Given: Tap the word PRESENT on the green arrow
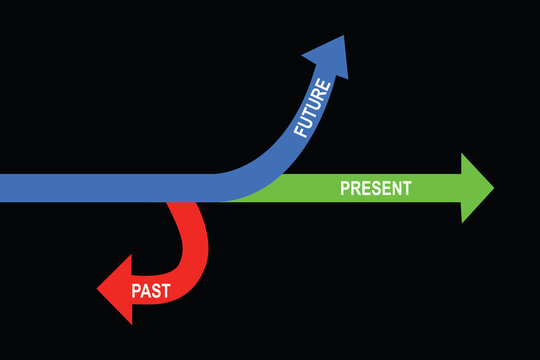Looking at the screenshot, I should [x=375, y=188].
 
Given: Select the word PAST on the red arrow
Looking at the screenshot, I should [x=151, y=292].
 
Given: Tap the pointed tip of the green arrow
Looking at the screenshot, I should [x=493, y=188].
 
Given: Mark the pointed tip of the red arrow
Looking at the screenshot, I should [x=98, y=290].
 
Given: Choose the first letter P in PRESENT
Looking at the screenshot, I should [x=345, y=188].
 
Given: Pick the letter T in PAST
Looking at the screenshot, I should [x=165, y=292].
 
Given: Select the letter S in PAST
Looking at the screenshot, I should [x=156, y=292].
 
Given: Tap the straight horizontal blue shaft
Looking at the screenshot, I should [x=100, y=188].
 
